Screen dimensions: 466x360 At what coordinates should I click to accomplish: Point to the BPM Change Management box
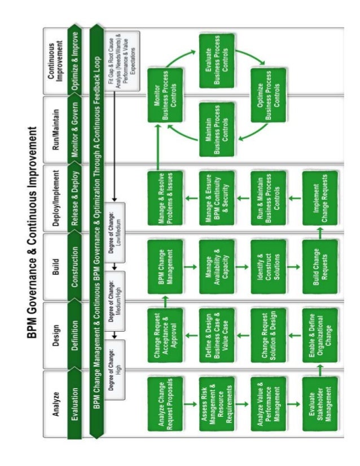pyautogui.click(x=165, y=260)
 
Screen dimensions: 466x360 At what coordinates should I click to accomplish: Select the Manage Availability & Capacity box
pyautogui.click(x=216, y=260)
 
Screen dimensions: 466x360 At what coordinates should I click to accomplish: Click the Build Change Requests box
pyautogui.click(x=319, y=260)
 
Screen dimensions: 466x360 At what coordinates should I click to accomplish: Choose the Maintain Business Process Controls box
pyautogui.click(x=217, y=122)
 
